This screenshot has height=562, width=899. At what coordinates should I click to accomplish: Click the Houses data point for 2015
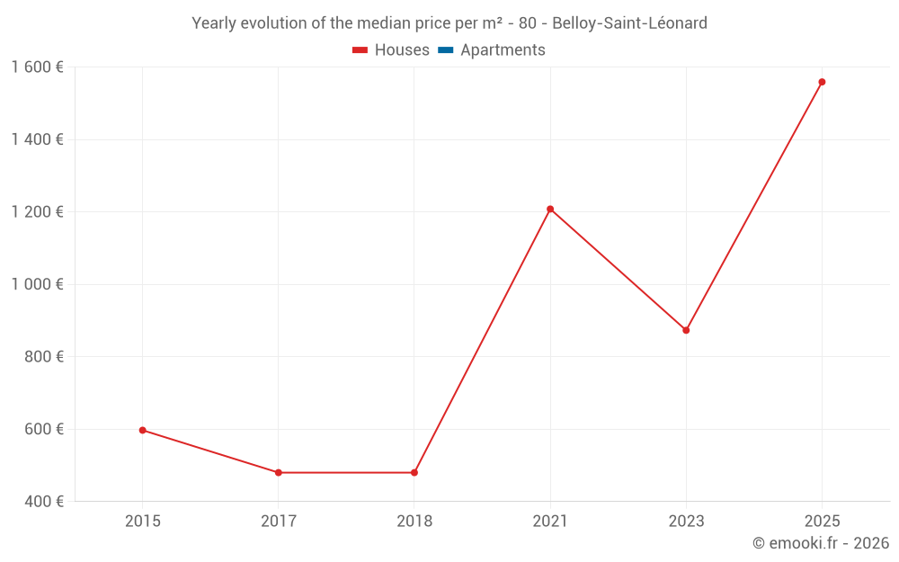click(x=142, y=430)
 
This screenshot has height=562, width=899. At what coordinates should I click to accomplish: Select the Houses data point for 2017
click(x=279, y=472)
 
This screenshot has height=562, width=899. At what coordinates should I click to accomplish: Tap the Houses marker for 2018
click(x=414, y=472)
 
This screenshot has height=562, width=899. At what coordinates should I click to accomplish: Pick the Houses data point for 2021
click(x=550, y=209)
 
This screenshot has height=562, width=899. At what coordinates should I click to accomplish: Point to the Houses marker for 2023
click(x=686, y=330)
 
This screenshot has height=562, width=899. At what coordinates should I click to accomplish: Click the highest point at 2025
click(x=822, y=82)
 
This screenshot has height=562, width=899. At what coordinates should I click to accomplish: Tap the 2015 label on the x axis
click(x=142, y=521)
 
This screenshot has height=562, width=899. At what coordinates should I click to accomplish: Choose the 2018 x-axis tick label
click(x=414, y=521)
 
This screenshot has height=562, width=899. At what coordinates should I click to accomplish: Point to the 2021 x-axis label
click(x=550, y=521)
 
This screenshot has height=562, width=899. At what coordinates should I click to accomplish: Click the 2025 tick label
click(x=822, y=521)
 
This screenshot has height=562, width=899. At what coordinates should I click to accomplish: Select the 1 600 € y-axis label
click(x=37, y=67)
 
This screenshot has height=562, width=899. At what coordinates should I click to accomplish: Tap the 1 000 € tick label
click(x=37, y=284)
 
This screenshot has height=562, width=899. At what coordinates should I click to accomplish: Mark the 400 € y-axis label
click(x=43, y=501)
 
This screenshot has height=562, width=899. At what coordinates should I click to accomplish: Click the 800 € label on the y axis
click(x=43, y=357)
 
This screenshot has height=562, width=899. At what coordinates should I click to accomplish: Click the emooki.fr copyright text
click(x=821, y=543)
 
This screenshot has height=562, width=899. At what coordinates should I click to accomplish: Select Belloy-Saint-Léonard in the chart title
click(x=629, y=22)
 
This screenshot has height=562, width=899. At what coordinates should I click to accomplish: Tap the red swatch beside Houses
click(x=360, y=50)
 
